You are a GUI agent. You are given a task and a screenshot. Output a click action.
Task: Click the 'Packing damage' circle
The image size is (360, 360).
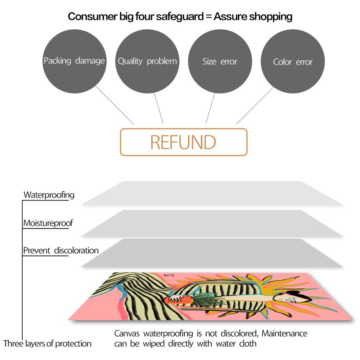pos(74,61)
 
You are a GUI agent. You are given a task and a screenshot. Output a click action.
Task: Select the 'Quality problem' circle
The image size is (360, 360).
pos(147,61)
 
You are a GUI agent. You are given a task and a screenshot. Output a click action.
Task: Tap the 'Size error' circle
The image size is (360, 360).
pos(220,61)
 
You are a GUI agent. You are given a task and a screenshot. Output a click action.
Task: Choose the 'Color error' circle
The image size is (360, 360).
pos(293,61)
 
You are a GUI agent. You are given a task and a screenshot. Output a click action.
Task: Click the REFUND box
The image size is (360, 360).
pos(184,142)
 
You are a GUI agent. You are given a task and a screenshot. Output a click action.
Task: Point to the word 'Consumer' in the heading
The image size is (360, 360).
pos(92,16)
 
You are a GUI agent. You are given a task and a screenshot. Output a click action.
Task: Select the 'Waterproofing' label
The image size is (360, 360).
pos(49,195)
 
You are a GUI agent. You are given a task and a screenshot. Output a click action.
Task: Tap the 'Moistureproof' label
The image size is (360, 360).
pos(48,223)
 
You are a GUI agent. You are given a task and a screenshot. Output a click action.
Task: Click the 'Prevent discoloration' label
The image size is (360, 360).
pos(61,250)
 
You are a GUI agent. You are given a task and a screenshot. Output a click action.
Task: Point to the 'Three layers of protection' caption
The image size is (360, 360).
pos(47,344)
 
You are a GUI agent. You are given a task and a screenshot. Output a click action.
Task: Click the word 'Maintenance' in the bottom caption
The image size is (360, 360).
pos(284,333)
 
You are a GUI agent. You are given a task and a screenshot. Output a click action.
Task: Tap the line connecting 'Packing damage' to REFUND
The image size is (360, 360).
pos(115,105)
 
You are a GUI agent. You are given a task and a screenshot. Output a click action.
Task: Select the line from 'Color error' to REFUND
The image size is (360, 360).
pos(255,106)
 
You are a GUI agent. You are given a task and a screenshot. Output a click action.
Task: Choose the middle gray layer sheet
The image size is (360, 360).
pos(212,223)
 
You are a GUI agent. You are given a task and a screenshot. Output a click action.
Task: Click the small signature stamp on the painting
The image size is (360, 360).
pos(169,275)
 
